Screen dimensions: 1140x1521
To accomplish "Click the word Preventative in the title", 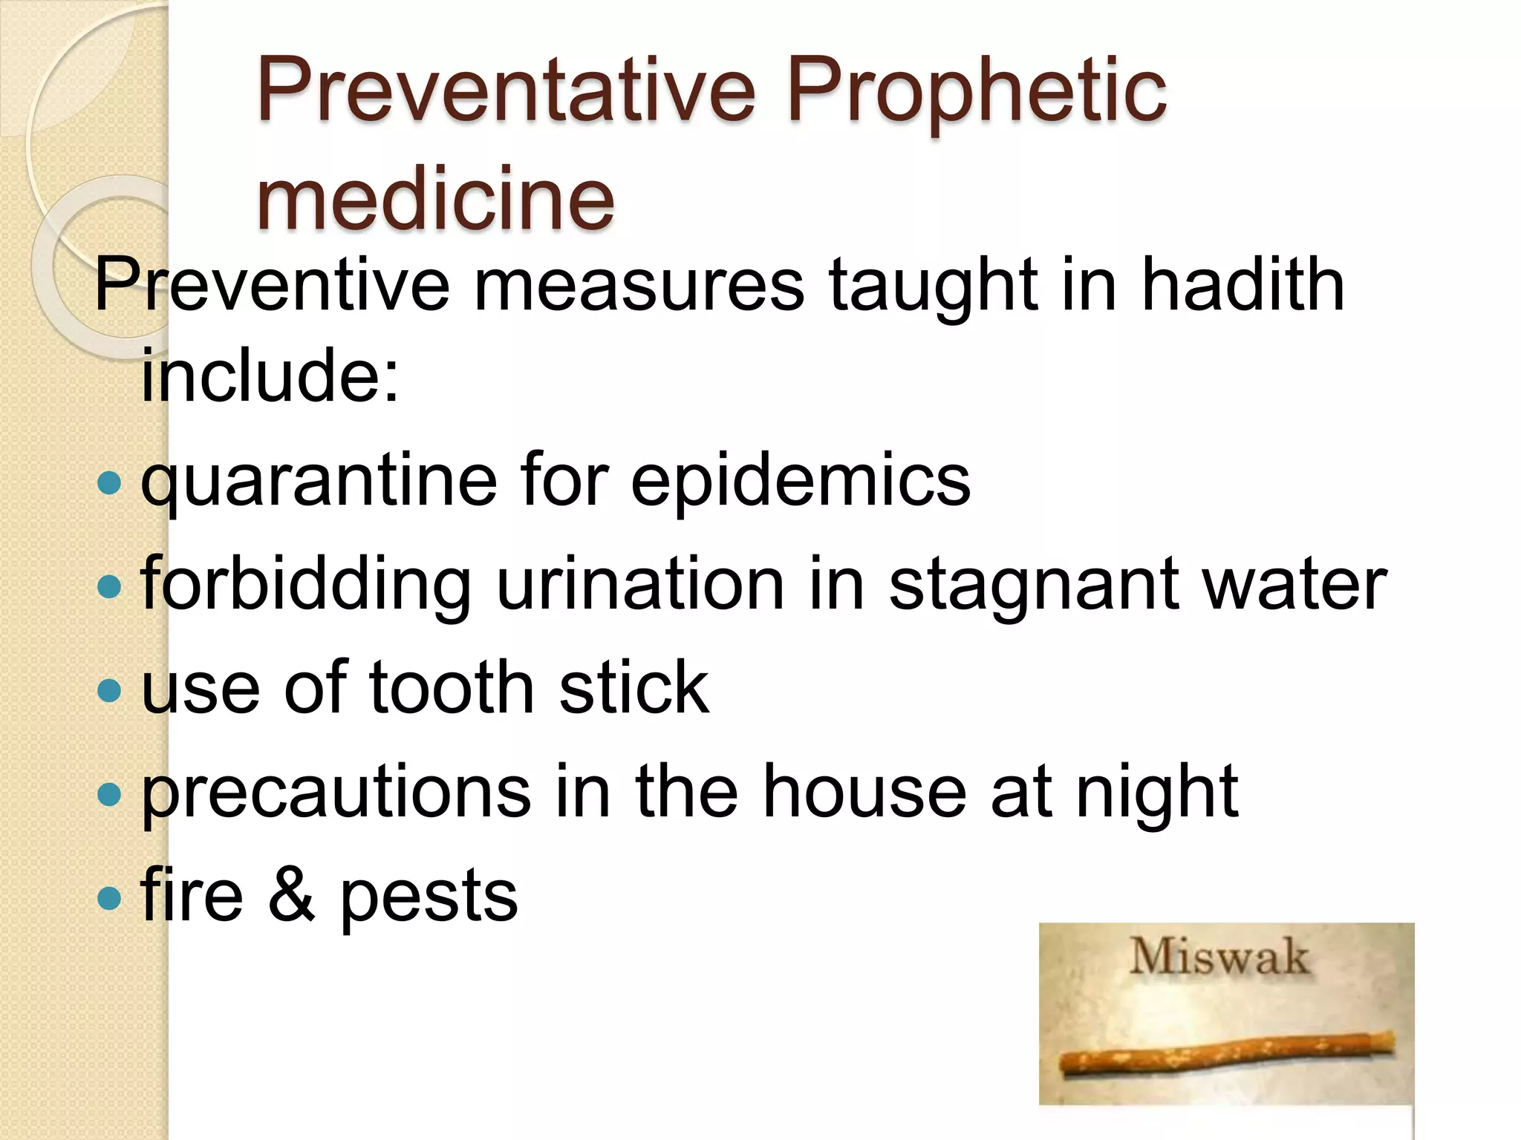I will (x=505, y=93).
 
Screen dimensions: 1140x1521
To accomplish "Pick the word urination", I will (x=640, y=584).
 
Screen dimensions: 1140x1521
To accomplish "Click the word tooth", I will (x=452, y=688).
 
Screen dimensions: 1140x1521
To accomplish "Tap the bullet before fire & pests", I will (x=109, y=899).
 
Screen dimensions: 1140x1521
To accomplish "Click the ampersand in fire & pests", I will (x=291, y=896).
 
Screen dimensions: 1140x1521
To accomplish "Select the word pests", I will (x=429, y=899).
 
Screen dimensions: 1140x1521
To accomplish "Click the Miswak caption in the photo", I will (x=1219, y=957).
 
